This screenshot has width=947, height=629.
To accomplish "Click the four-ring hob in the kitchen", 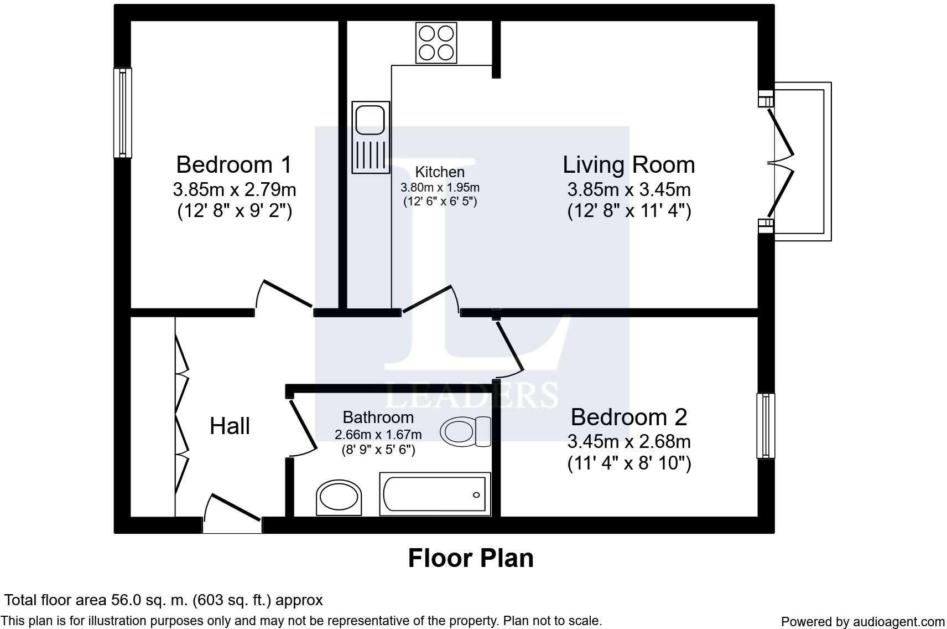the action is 436,43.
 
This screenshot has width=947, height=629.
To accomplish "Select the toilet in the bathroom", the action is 465,432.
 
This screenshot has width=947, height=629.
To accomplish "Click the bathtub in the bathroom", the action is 435,494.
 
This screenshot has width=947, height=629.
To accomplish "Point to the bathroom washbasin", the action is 339,497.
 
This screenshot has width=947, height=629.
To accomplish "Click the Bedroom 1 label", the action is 234,164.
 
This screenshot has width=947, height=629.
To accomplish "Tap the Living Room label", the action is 628,164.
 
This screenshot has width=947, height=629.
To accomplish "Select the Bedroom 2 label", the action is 629,417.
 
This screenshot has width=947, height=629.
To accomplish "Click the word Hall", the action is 230,426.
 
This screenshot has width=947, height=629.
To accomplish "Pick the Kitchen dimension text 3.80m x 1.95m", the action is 440,187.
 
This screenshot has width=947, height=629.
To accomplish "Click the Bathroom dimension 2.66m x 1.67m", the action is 378,435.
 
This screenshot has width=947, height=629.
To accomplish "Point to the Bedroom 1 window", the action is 123,112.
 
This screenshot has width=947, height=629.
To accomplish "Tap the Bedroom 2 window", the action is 766,426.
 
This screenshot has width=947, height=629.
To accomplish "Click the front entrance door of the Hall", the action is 232,513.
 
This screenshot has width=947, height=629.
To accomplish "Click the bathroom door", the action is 303,428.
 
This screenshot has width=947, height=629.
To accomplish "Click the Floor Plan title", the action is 471,558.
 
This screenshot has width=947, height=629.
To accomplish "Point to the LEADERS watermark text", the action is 471,395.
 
